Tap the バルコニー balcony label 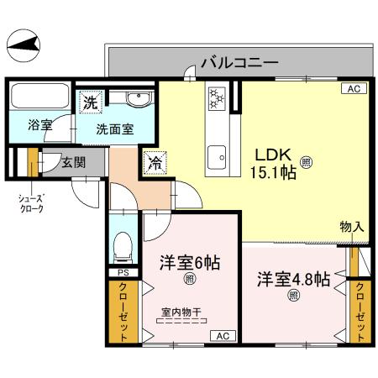coord(239,61)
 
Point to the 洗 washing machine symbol coord(90,103)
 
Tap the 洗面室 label coord(113,130)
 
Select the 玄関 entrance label coord(73,163)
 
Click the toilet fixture coord(123,244)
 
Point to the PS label coord(123,273)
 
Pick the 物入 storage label coord(352,227)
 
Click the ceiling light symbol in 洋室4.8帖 coord(294,295)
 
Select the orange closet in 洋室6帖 coord(123,311)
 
